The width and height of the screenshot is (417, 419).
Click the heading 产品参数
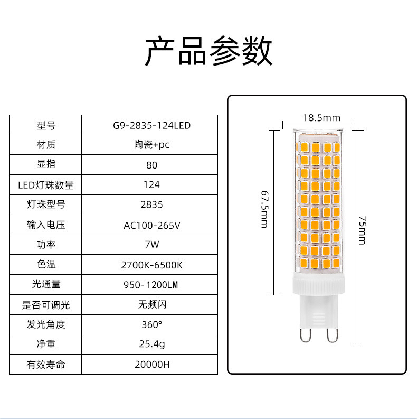click(x=209, y=51)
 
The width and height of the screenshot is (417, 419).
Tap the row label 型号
click(x=46, y=126)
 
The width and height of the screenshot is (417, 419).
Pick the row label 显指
click(x=46, y=164)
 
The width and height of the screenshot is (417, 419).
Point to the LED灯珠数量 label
click(x=46, y=185)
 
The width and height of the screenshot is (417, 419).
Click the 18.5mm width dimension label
click(x=321, y=118)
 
